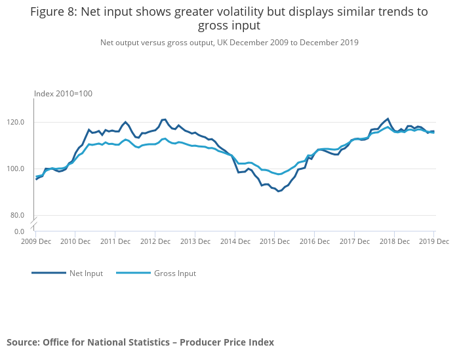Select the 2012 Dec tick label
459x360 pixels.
coord(155,241)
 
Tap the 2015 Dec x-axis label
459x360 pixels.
coord(274,241)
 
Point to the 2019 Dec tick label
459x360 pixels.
coord(433,241)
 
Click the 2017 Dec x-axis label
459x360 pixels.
coord(353,241)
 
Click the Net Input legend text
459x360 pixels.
coord(86,273)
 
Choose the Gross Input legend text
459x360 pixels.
coord(174,273)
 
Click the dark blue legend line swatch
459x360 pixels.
coord(49,273)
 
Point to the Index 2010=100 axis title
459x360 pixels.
coord(63,94)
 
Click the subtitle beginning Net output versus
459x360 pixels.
coord(229,43)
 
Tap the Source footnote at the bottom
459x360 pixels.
coord(140,342)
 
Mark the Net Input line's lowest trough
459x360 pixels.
coord(279,191)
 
